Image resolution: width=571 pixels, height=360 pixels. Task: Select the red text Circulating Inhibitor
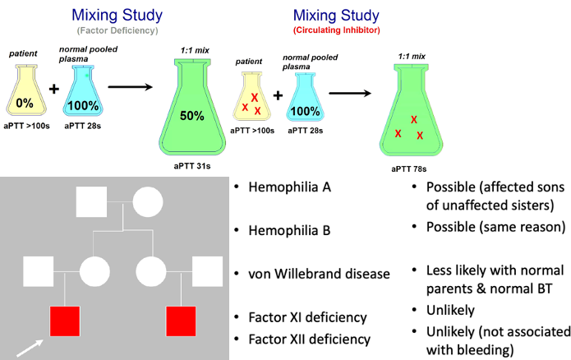336,30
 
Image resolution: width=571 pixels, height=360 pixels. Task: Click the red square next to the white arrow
64,321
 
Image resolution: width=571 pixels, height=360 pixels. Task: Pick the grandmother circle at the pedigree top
148,201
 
